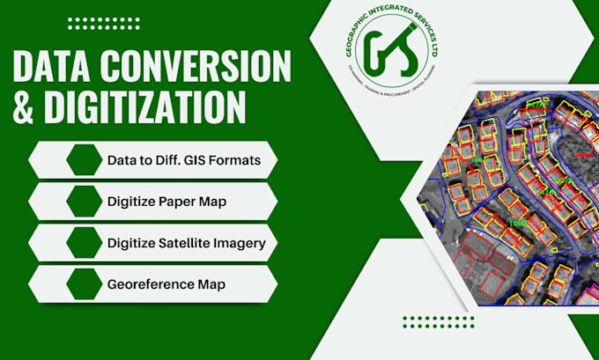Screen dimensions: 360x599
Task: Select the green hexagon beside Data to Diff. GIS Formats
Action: tap(85, 160)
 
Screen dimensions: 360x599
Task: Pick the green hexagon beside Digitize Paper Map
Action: tap(85, 202)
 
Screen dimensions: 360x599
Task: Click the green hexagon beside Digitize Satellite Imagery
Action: tap(85, 242)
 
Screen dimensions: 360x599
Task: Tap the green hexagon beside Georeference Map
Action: tap(85, 283)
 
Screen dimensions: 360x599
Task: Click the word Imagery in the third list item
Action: tap(240, 242)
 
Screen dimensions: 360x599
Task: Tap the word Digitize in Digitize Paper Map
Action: tap(131, 202)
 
